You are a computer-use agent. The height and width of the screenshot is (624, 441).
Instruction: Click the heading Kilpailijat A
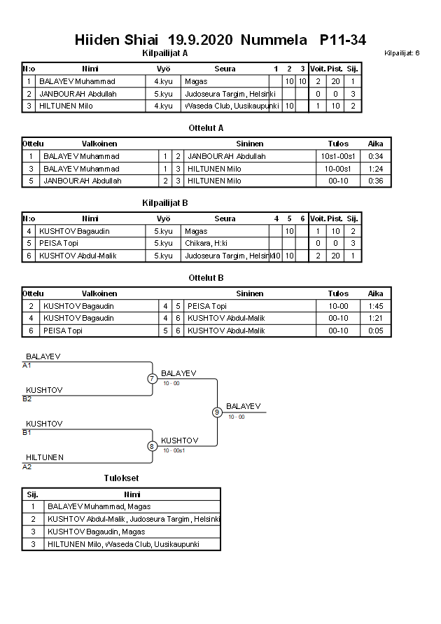(x=164, y=53)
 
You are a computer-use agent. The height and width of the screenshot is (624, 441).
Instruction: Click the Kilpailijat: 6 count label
(x=402, y=53)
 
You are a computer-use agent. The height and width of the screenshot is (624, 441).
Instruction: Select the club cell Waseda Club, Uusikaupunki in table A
(x=231, y=106)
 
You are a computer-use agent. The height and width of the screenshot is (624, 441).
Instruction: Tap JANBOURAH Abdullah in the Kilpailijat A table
(x=78, y=94)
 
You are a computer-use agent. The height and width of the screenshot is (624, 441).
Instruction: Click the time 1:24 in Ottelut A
(x=376, y=169)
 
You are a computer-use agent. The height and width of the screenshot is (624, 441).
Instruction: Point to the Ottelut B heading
(x=206, y=278)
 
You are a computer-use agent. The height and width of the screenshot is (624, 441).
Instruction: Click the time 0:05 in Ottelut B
(x=376, y=331)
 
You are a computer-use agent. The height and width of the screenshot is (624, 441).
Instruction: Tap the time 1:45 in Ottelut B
(x=376, y=306)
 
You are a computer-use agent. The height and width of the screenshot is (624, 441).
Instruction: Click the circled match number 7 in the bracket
(x=152, y=379)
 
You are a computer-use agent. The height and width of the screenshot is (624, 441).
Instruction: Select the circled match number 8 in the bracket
(x=152, y=446)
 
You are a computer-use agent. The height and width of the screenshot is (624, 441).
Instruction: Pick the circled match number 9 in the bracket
(x=217, y=412)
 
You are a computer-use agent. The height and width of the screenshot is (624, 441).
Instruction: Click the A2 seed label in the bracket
(x=27, y=466)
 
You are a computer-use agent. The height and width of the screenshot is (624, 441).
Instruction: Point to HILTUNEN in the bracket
(x=45, y=458)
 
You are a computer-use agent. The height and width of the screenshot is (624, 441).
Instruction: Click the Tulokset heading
(x=120, y=478)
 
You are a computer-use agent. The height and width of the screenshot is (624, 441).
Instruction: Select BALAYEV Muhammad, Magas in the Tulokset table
(x=99, y=506)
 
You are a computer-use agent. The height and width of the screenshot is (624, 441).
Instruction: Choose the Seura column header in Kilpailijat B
(x=225, y=219)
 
